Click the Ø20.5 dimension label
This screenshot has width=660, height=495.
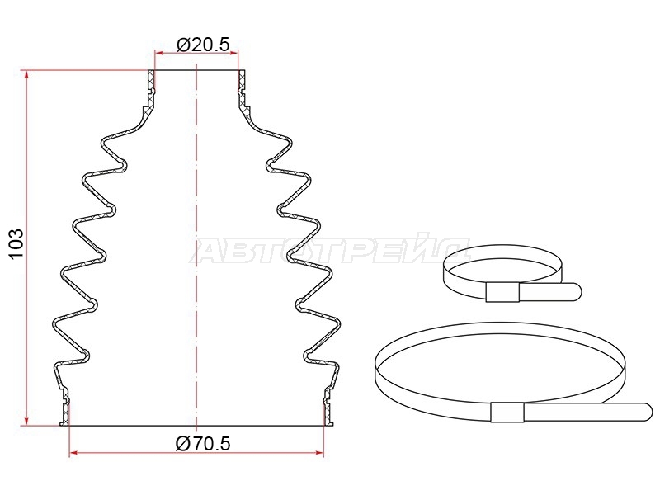[x=204, y=44]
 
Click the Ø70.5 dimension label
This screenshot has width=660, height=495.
[x=203, y=443]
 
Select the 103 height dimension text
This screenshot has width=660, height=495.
[x=16, y=244]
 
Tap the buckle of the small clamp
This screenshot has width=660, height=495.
[x=502, y=292]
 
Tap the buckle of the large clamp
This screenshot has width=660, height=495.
[x=507, y=412]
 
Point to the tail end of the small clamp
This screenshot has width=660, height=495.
[x=577, y=292]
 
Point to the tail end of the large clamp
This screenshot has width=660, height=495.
[x=648, y=412]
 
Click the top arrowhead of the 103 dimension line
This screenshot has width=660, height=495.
[x=27, y=74]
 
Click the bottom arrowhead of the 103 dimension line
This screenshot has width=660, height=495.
[x=27, y=421]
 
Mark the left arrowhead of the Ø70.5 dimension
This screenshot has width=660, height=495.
[x=73, y=453]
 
